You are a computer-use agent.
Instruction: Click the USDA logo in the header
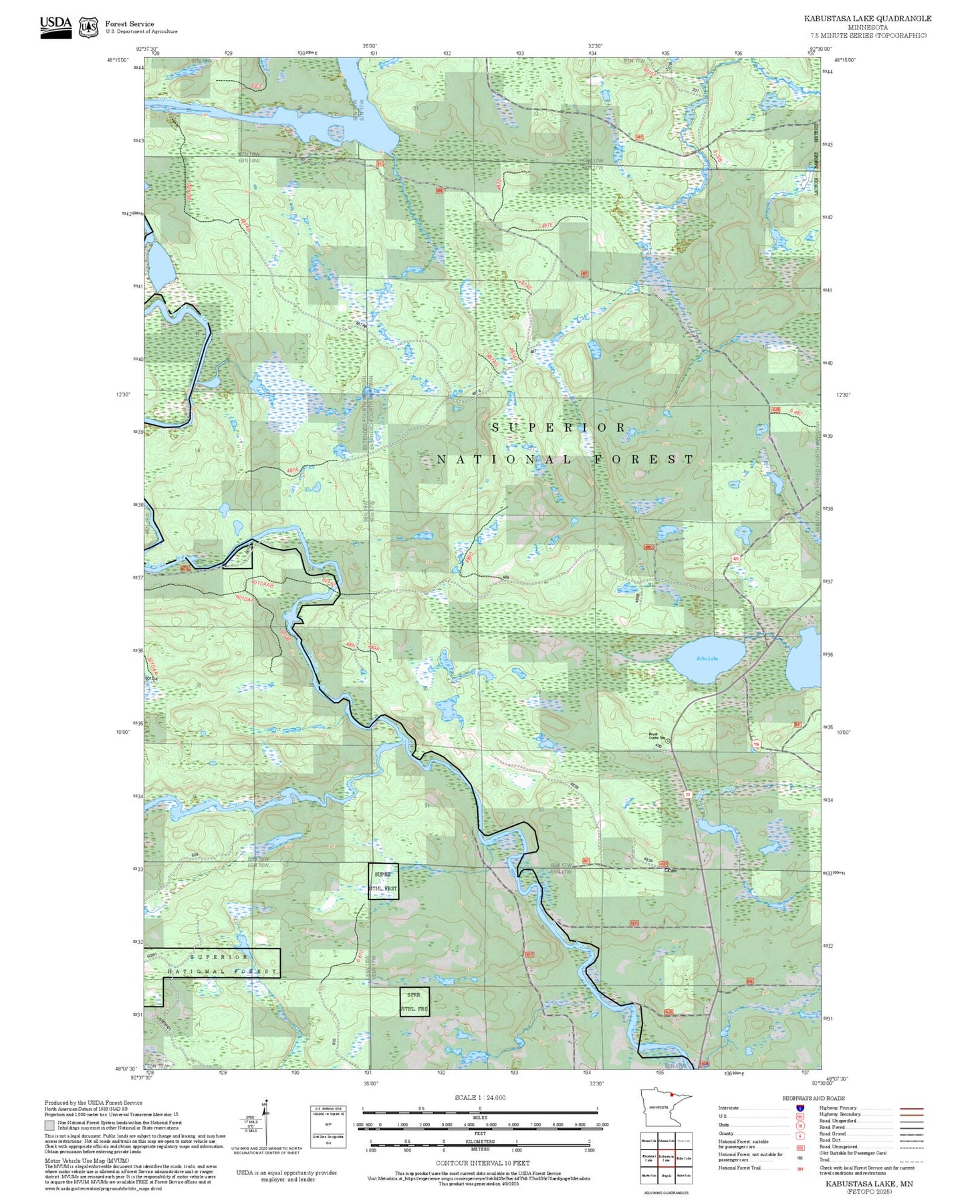coord(55,27)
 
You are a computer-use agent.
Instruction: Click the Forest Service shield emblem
coord(88,27)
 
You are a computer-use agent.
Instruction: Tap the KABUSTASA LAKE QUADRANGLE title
coord(867,19)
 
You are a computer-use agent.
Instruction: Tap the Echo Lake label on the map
coord(707,659)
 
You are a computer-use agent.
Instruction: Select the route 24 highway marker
coord(687,794)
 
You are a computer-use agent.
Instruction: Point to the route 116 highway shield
coord(756,745)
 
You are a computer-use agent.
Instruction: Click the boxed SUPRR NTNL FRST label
coord(383,881)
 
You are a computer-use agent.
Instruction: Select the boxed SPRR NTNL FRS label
coord(414,1002)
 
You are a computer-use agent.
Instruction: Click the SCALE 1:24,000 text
coord(479,1097)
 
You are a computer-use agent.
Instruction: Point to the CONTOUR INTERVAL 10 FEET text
coord(483,1164)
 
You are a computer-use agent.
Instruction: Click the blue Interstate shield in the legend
coord(800,1107)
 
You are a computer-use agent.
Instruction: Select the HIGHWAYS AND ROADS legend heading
coord(813,1098)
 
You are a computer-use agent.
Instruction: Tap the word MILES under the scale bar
coord(479,1117)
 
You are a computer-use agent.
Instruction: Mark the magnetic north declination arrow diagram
coord(265,1123)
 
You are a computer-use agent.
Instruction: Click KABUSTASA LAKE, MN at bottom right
coord(868,1184)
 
